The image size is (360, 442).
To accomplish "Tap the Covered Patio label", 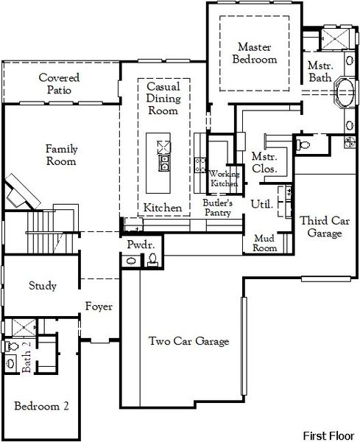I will pyautogui.click(x=59, y=84).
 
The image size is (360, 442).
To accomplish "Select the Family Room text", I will pyautogui.click(x=62, y=155).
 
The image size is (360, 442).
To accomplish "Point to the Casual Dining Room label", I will pyautogui.click(x=163, y=99).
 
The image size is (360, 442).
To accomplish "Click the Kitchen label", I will pyautogui.click(x=163, y=208).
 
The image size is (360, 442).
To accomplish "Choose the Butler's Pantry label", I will pyautogui.click(x=218, y=208).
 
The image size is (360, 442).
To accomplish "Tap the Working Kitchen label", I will pyautogui.click(x=224, y=178).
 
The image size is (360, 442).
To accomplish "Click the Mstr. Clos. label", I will pyautogui.click(x=264, y=163).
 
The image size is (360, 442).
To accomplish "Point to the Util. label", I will pyautogui.click(x=262, y=204).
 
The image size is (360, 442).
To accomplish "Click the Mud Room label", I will pyautogui.click(x=265, y=243).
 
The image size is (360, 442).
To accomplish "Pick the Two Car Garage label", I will pyautogui.click(x=188, y=341).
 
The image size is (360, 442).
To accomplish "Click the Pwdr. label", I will pyautogui.click(x=139, y=245).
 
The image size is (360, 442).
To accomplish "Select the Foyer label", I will pyautogui.click(x=99, y=306).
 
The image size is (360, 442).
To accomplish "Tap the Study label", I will pyautogui.click(x=43, y=286).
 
